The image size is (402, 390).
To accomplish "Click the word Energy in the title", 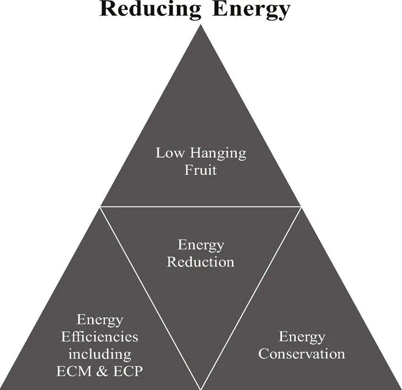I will pyautogui.click(x=250, y=9).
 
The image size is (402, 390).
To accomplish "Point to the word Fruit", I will pyautogui.click(x=201, y=169).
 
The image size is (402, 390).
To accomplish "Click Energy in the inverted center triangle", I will pyautogui.click(x=201, y=245).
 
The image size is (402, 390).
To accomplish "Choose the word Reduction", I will pyautogui.click(x=201, y=261).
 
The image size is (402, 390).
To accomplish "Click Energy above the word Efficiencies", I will pyautogui.click(x=100, y=320).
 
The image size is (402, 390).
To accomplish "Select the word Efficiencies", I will pyautogui.click(x=100, y=337).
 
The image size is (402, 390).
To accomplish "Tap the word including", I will pyautogui.click(x=100, y=354).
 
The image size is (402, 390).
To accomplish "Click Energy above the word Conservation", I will pyautogui.click(x=302, y=337).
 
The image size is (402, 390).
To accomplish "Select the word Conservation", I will pyautogui.click(x=302, y=354).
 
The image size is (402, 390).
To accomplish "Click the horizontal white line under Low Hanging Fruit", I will pyautogui.click(x=201, y=206).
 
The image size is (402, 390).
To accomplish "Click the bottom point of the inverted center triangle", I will pyautogui.click(x=201, y=386).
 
